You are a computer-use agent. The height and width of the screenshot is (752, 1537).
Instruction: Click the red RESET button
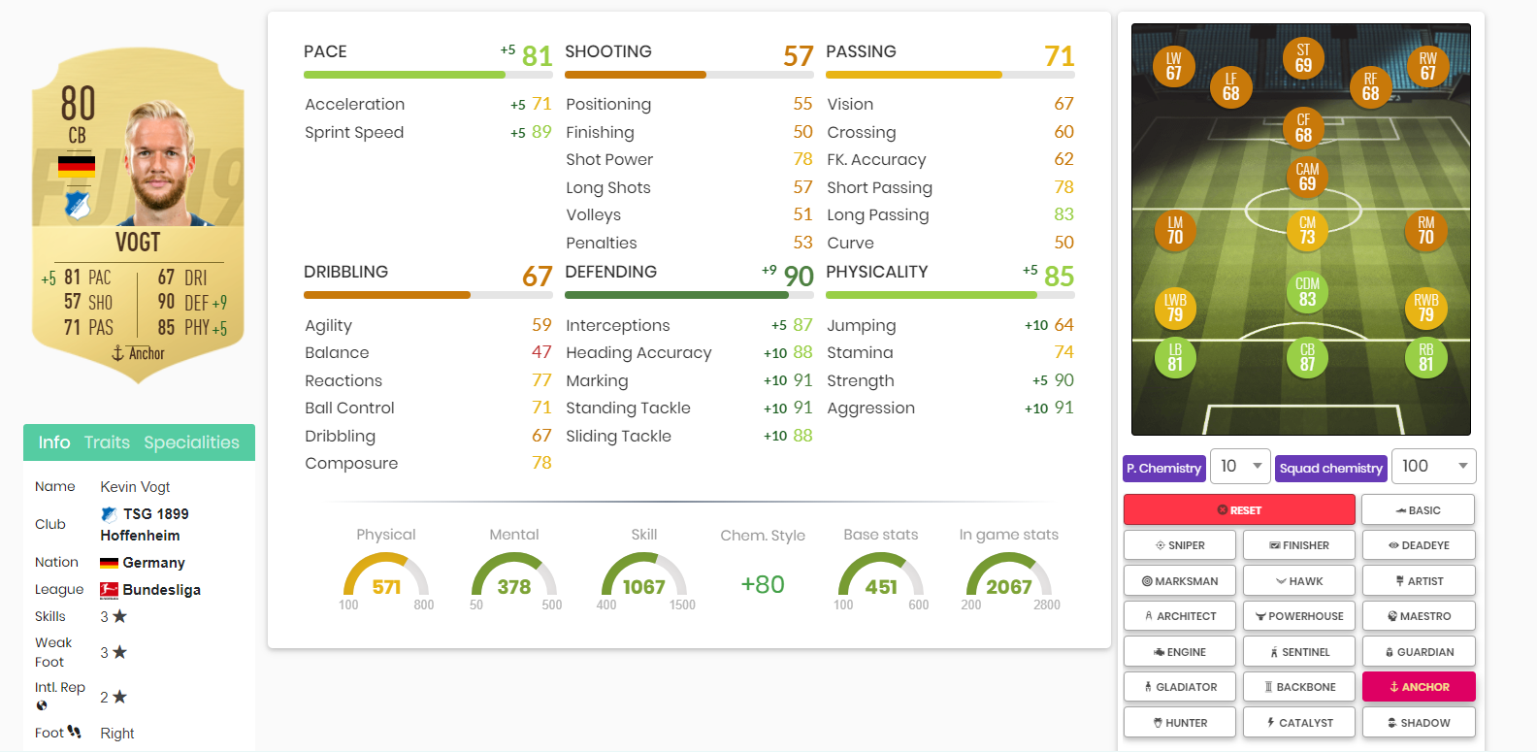tap(1238, 509)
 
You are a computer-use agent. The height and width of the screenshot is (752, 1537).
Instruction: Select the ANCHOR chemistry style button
tap(1419, 687)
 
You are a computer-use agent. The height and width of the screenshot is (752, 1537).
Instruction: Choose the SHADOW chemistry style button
tap(1419, 723)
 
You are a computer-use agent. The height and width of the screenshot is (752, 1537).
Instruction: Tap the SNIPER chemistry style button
tap(1180, 545)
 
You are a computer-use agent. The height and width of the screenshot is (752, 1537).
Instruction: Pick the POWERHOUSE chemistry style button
tap(1299, 616)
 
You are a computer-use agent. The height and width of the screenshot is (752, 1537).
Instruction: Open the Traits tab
tap(107, 442)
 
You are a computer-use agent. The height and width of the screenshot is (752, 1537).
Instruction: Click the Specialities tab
tap(191, 442)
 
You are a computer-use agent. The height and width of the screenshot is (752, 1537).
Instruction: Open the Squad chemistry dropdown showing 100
tap(1433, 467)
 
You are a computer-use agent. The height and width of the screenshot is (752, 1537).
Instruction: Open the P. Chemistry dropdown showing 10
tap(1241, 467)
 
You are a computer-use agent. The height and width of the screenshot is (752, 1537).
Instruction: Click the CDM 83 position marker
tap(1307, 292)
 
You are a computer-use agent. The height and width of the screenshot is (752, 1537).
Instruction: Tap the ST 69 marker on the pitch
tap(1303, 58)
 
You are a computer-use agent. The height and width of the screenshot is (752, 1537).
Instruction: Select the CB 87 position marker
tap(1307, 357)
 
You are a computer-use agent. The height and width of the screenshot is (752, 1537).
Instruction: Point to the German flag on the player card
tap(77, 166)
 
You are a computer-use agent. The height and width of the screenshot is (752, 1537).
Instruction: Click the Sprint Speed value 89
tap(541, 132)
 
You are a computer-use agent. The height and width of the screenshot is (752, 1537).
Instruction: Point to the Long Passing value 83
tap(1063, 214)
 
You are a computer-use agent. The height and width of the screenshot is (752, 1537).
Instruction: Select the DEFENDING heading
tap(610, 272)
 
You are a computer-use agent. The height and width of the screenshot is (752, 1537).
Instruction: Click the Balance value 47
tap(541, 352)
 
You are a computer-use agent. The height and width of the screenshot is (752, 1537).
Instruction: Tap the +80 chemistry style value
tap(763, 584)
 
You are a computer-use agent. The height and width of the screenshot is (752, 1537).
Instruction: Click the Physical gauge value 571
tap(386, 587)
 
